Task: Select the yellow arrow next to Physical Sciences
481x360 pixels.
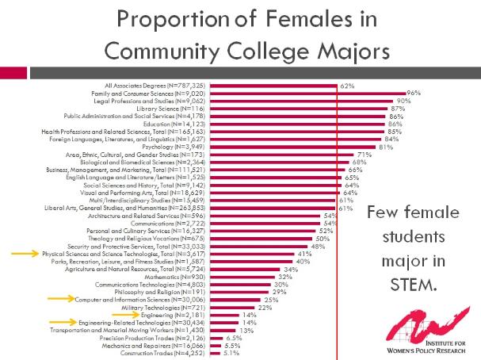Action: click(x=25, y=254)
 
